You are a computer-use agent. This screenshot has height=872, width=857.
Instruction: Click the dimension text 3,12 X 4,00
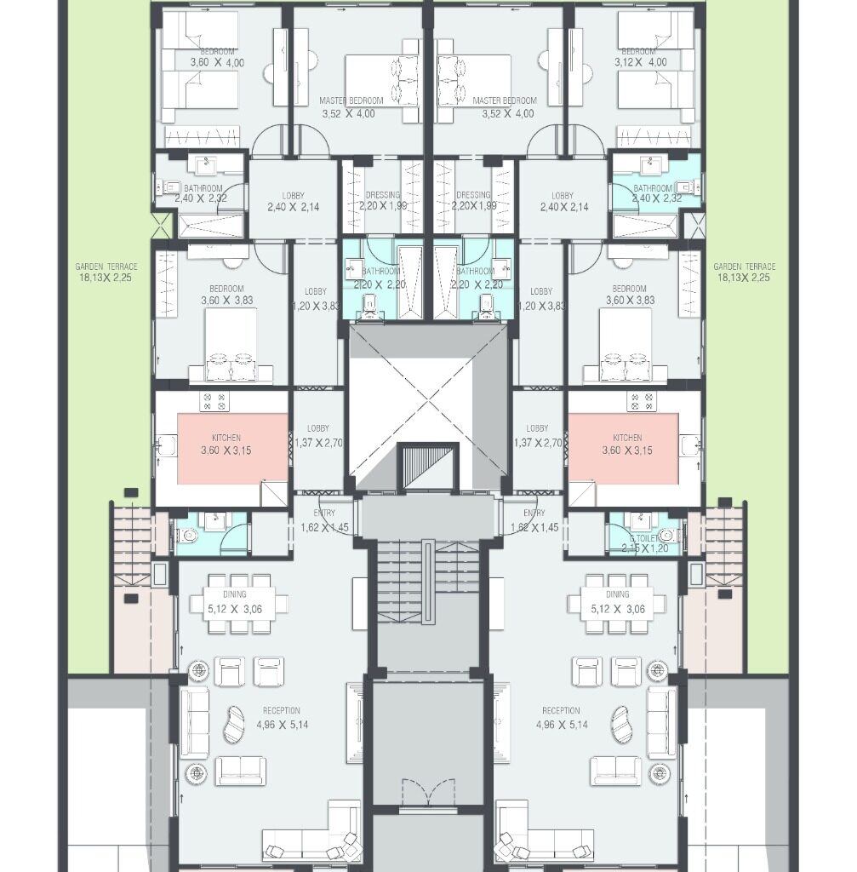(643, 63)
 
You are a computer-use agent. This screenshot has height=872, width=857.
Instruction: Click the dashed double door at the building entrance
(422, 791)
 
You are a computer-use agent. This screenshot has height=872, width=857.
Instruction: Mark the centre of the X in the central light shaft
(428, 407)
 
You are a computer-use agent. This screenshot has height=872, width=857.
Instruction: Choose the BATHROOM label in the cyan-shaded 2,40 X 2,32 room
(653, 188)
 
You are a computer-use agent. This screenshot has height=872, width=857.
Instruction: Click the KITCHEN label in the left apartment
(226, 438)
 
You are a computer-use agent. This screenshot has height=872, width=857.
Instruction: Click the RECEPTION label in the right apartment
(561, 711)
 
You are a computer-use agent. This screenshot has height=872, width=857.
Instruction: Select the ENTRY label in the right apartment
(534, 513)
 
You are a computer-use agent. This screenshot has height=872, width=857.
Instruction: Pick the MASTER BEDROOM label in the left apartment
(351, 100)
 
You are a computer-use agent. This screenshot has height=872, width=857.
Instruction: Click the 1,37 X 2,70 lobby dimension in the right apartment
(537, 443)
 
